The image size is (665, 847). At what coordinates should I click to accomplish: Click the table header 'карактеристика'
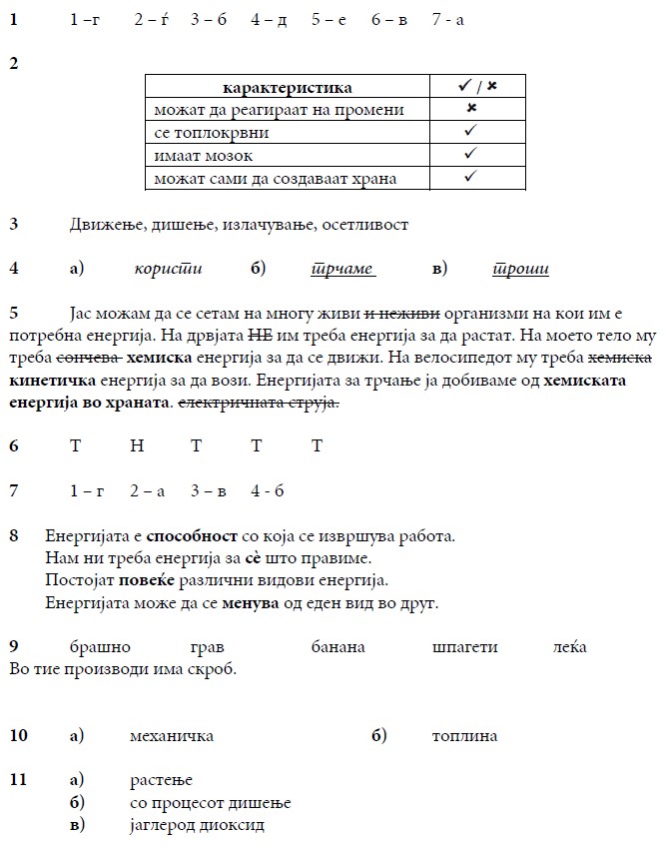(288, 88)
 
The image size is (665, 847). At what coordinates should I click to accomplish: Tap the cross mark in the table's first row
(471, 108)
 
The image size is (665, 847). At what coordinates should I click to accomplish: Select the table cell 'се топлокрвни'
(212, 132)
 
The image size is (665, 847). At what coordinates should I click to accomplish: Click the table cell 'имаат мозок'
(204, 156)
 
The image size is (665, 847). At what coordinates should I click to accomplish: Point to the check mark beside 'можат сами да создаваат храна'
(471, 178)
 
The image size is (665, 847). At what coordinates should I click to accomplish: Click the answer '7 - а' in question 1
(448, 20)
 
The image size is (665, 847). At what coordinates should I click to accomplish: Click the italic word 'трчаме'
(342, 268)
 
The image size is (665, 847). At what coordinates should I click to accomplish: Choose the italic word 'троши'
(520, 268)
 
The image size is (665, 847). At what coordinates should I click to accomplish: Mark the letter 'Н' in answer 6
(136, 445)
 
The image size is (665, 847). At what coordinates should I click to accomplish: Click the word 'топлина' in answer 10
(464, 736)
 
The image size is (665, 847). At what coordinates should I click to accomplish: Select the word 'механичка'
(172, 736)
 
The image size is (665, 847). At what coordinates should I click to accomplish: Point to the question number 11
(18, 779)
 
